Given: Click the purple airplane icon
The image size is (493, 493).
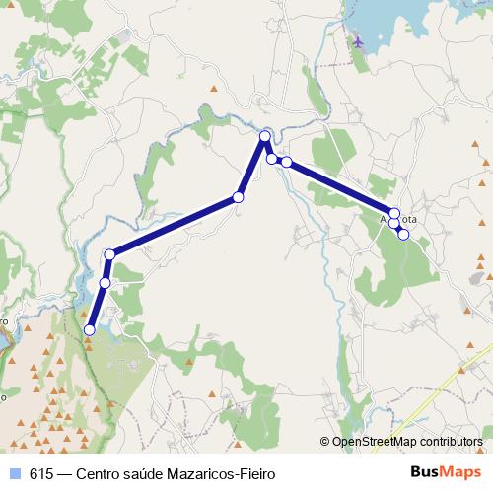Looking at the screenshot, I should click(x=356, y=42).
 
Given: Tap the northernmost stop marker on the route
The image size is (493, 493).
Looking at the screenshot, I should click(x=265, y=136).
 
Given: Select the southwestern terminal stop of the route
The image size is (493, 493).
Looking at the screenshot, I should click(x=90, y=330).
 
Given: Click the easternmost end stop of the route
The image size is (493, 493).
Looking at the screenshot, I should click(x=403, y=234).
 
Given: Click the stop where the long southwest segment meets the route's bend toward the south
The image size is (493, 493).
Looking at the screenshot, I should click(x=110, y=254).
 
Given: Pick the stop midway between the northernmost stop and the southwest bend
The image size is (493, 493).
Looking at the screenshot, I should click(x=238, y=198).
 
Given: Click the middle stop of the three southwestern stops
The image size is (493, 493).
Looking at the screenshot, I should click(x=105, y=283).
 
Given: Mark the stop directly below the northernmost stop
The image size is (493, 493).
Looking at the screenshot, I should click(x=271, y=158).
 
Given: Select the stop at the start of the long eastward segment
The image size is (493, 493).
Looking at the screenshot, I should click(x=286, y=161).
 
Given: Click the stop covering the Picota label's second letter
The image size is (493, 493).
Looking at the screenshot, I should click(x=394, y=213).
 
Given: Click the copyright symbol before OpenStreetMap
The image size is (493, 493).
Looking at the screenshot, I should click(x=325, y=443).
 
